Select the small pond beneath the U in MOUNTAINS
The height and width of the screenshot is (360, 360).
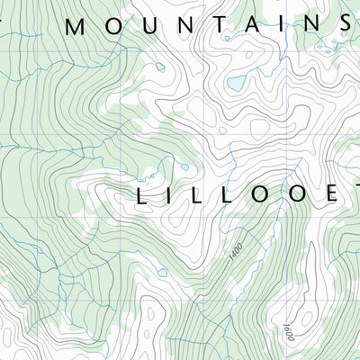click(x=159, y=66)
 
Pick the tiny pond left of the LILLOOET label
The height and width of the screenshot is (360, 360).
click(x=184, y=166)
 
